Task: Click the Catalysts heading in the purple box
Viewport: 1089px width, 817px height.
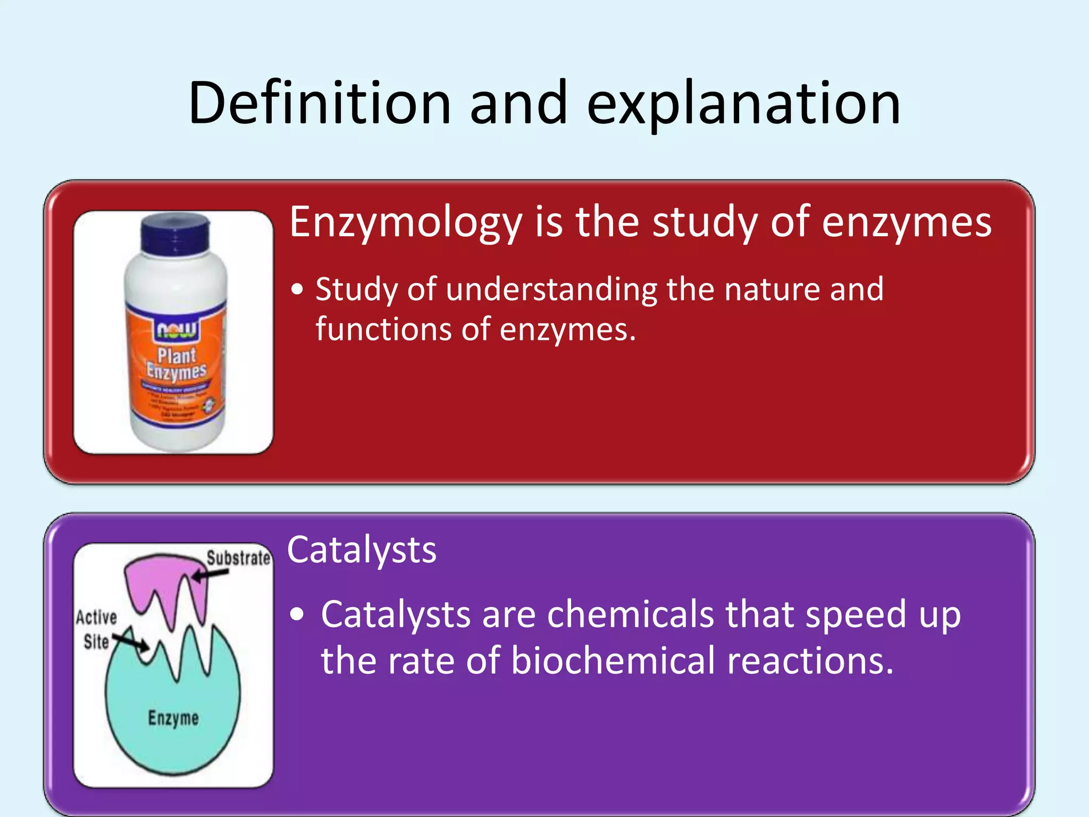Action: [362, 550]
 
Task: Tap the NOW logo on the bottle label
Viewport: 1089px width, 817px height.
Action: [177, 330]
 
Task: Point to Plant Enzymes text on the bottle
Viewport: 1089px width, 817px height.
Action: [177, 363]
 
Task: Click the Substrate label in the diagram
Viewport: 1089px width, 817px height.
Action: [239, 558]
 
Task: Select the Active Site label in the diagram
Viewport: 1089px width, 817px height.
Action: [96, 629]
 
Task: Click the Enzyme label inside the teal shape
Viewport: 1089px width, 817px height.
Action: [173, 718]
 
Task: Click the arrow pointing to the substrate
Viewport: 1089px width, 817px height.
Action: [210, 574]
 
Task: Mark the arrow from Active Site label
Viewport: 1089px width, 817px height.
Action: [131, 640]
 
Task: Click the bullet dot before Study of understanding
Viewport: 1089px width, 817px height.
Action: [298, 290]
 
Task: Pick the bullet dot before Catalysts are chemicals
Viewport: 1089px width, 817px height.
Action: [298, 615]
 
